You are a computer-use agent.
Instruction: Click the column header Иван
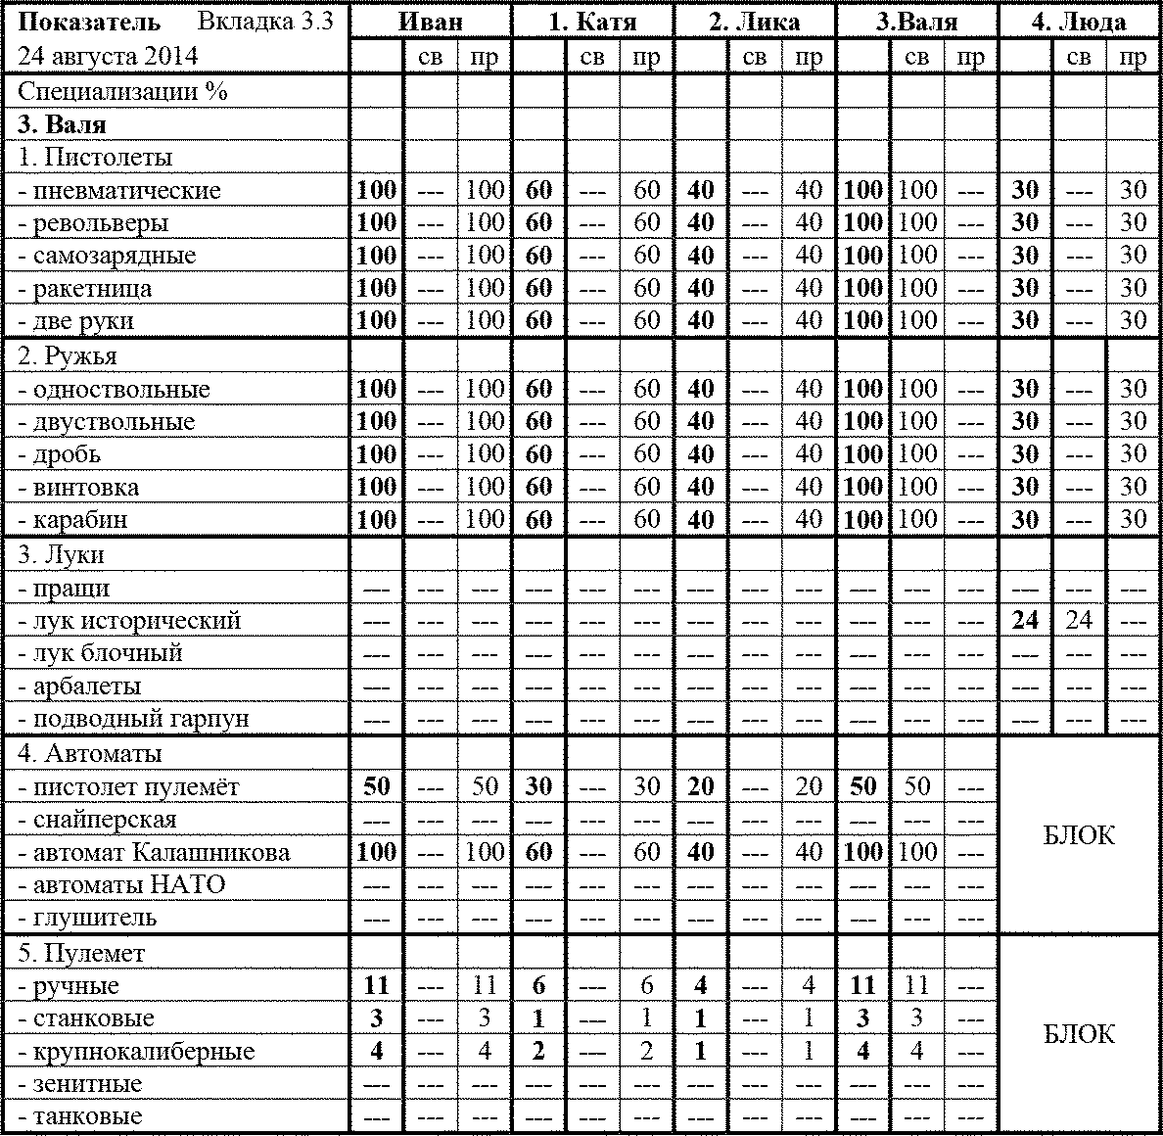431,22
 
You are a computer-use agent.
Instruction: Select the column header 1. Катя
592,22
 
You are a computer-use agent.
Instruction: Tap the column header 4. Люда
1078,22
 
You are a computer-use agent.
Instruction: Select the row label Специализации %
122,92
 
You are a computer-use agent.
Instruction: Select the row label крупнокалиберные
143,1052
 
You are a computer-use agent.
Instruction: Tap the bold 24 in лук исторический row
1025,621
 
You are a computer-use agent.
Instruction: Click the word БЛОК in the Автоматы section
1079,835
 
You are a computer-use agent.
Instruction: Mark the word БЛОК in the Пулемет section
1079,1034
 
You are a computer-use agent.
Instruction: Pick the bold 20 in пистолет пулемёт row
701,787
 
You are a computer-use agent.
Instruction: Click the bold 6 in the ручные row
538,986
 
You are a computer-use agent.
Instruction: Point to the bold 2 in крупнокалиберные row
538,1052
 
